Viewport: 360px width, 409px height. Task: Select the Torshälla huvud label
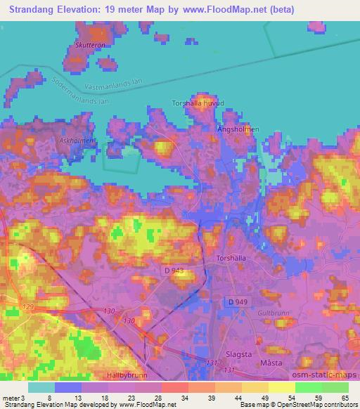coord(198,103)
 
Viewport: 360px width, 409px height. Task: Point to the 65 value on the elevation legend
coord(345,398)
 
